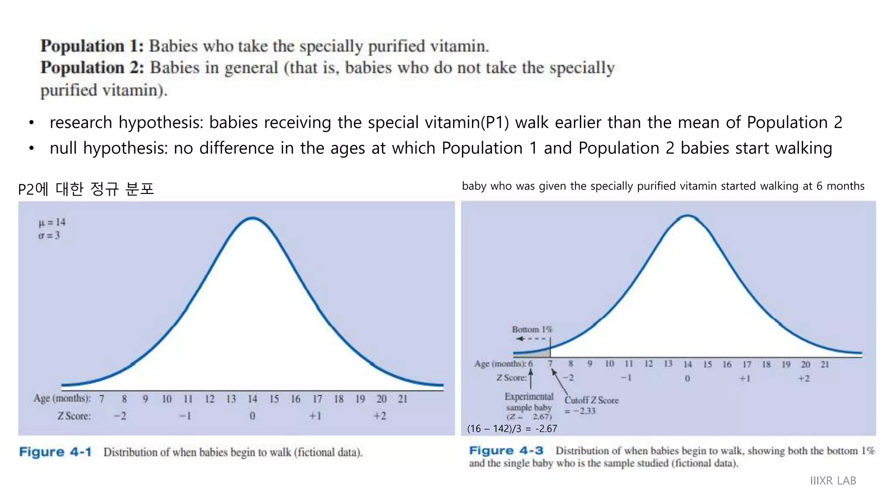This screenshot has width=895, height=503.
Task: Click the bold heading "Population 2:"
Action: point(92,68)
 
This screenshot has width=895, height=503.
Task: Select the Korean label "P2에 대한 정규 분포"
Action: point(86,189)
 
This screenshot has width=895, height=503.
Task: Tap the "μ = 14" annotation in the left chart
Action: point(52,222)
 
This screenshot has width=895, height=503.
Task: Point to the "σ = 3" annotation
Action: point(49,235)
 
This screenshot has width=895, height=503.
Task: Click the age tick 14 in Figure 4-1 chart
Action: point(253,399)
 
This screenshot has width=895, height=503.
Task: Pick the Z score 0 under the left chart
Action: point(252,416)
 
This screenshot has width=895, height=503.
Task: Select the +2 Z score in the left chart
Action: point(379,416)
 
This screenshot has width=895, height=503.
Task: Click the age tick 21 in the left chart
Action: point(402,399)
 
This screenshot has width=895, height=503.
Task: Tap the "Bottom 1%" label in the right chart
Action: point(532,329)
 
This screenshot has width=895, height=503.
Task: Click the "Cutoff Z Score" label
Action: point(591,400)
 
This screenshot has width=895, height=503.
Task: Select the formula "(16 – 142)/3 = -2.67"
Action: point(512,429)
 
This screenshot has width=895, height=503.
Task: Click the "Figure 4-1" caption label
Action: point(55,452)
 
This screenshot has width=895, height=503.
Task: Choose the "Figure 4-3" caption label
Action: point(506,451)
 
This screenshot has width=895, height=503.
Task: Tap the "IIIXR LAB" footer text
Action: point(833,481)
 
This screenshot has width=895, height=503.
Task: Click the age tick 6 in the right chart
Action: point(531,364)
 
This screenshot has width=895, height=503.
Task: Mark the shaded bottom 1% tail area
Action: point(542,353)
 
